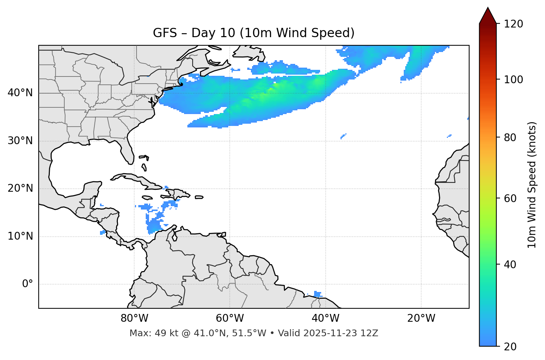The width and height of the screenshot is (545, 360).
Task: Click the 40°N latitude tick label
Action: point(20,93)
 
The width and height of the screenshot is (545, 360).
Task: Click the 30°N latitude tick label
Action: point(20,141)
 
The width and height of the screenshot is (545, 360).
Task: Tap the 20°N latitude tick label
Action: point(20,188)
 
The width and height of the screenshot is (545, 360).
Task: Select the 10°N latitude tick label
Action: point(20,236)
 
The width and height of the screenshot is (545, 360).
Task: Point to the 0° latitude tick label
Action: point(27,284)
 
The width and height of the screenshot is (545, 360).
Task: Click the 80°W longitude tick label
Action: point(134,318)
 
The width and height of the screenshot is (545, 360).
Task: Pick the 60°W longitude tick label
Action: point(230,318)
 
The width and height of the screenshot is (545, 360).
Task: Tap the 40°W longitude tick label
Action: point(325,318)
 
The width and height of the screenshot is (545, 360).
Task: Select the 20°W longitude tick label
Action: point(421,318)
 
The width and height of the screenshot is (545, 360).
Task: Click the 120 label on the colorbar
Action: point(513,24)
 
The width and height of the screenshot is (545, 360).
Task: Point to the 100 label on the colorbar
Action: point(513,80)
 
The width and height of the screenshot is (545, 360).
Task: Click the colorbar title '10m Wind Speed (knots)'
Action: point(532,185)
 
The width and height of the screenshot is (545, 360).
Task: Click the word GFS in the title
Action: point(165,33)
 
